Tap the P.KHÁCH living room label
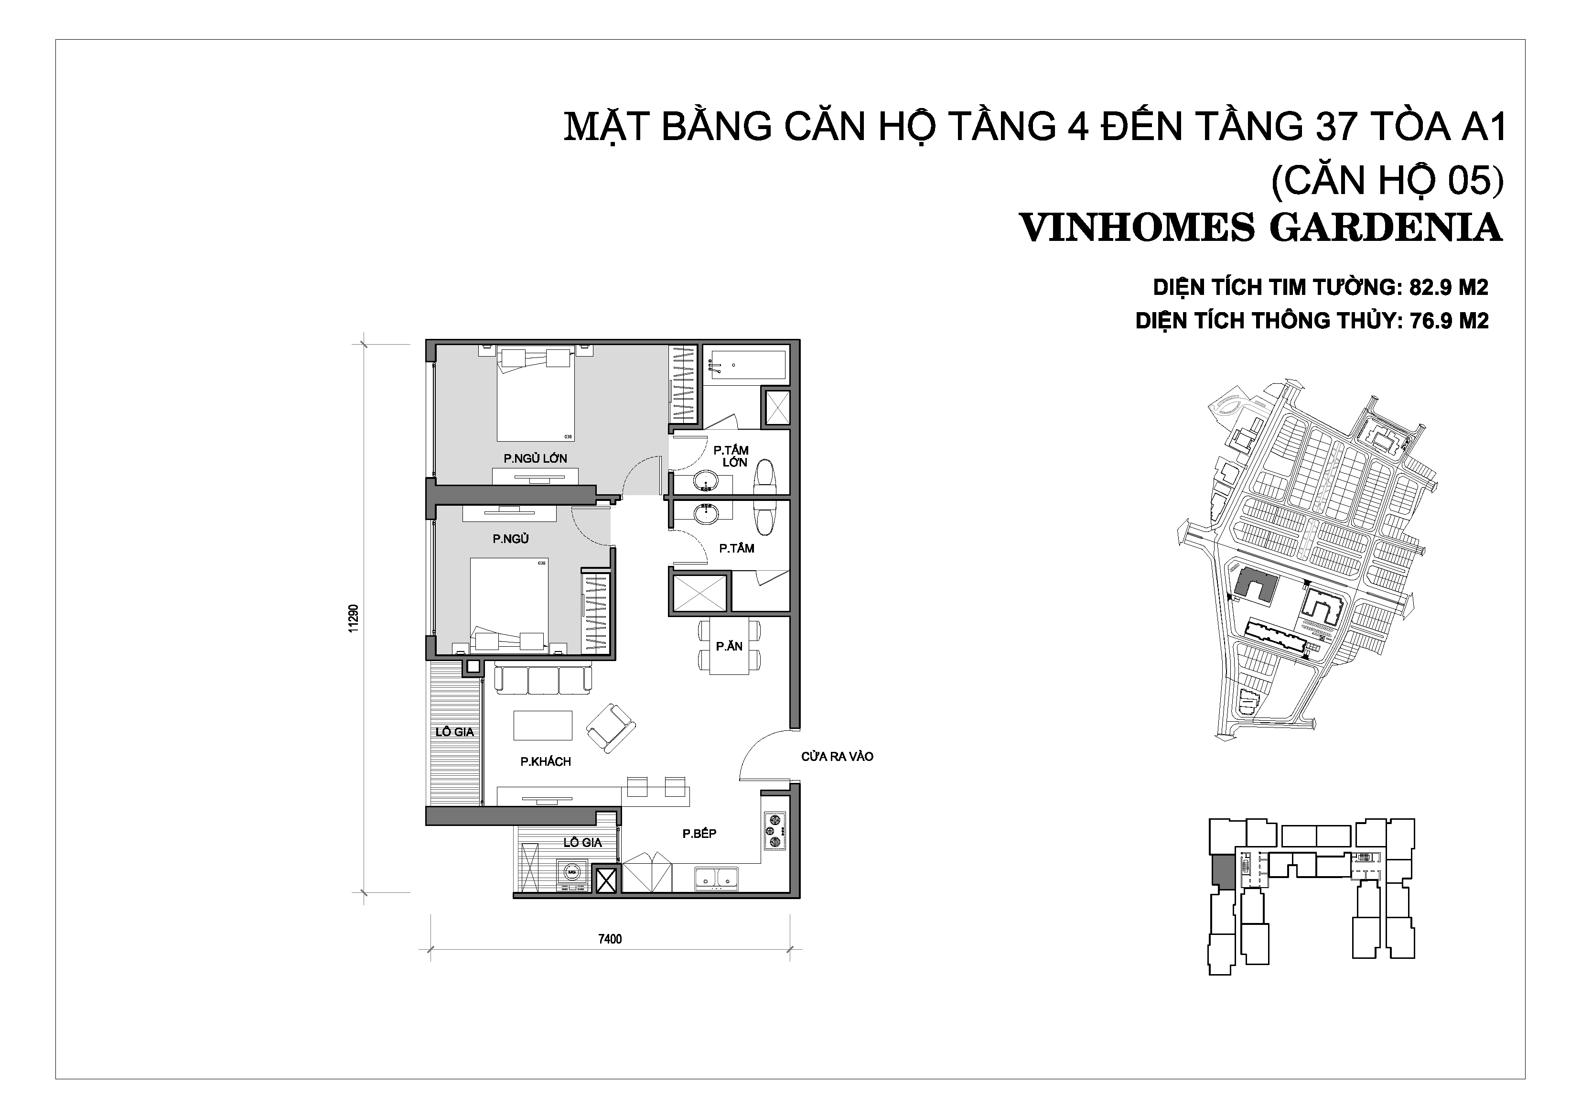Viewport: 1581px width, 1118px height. pos(545,761)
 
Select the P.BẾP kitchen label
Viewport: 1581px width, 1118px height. pos(699,834)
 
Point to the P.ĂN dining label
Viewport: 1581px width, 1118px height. pos(729,646)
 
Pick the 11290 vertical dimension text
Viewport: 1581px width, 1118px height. pos(353,618)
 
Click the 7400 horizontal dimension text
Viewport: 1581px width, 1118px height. pos(610,939)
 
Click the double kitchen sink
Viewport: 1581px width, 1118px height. pos(717,878)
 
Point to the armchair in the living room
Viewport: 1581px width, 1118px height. pos(610,728)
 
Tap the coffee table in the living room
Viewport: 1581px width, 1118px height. pos(543,725)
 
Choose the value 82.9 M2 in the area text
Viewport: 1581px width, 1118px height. pos(1449,287)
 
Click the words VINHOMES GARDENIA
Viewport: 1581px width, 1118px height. pos(1260,228)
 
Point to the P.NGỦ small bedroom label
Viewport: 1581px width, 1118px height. pos(510,539)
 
